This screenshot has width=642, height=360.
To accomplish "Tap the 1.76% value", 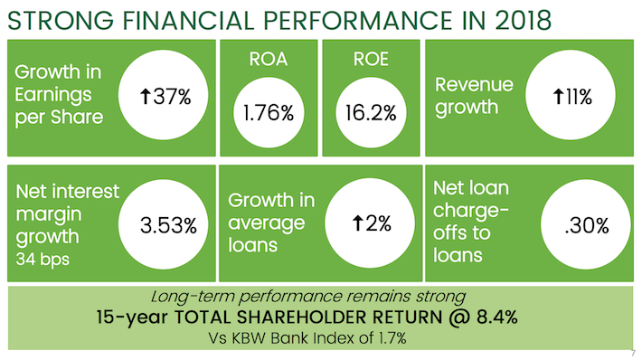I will tap(269, 114).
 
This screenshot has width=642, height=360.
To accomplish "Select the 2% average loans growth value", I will tap(375, 224).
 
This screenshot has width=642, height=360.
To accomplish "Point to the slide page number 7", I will tap(632, 352).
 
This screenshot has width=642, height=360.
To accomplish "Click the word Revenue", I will tap(474, 86).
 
